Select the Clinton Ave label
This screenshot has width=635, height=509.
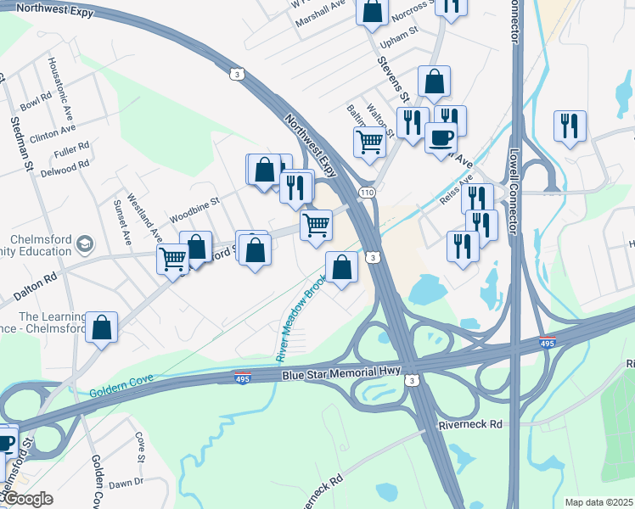click(x=53, y=133)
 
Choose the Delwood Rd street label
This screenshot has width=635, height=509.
click(x=65, y=166)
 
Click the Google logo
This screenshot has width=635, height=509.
click(x=27, y=499)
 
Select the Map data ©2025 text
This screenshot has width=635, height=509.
click(x=598, y=502)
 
